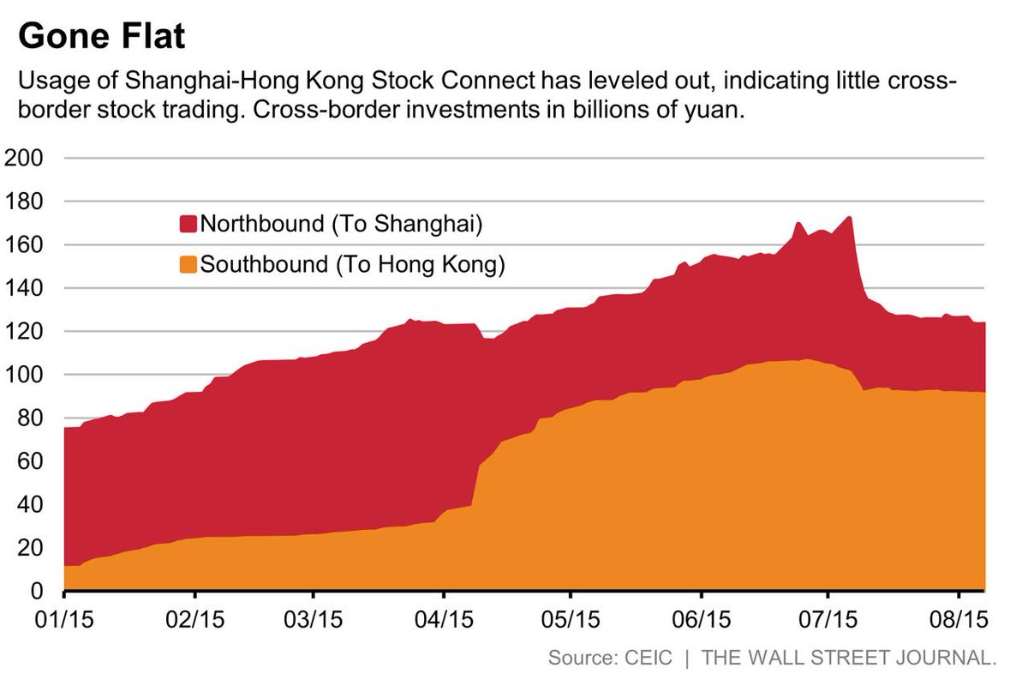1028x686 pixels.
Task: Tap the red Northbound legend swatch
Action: coord(188,225)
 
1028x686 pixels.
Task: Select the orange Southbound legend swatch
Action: coord(188,264)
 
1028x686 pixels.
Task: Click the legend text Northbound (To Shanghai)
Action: coord(342,225)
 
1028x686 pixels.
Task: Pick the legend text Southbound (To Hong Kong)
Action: coord(352,264)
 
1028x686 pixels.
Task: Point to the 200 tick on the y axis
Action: coord(26,159)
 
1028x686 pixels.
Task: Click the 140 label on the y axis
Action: coord(26,288)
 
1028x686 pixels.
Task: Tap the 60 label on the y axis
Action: coord(31,461)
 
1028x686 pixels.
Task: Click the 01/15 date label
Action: coord(64,618)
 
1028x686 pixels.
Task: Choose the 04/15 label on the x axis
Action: coord(443,618)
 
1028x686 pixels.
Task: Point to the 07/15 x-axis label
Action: coord(828,618)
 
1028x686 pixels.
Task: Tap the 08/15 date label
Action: coord(957,618)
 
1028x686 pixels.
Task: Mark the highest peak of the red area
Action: coord(849,218)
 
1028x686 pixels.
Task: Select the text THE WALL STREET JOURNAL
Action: coord(849,659)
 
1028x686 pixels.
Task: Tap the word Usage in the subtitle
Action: coord(48,82)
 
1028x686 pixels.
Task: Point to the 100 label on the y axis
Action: coord(26,375)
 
